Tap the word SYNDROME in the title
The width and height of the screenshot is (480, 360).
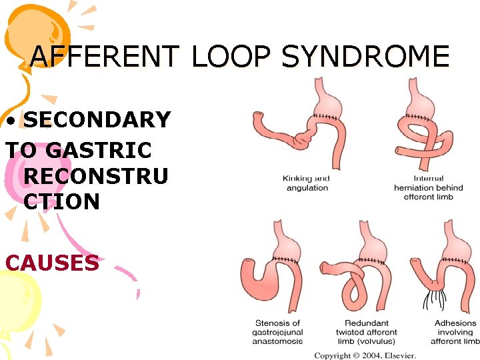pos(365,57)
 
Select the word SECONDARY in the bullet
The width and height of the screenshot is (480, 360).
pos(97,120)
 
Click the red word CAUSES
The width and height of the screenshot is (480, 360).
pos(52,263)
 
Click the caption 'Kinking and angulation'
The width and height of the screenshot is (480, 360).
pos(307,183)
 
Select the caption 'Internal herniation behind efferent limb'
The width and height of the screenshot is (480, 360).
pos(429,188)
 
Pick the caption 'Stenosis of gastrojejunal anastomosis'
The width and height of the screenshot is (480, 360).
pos(277,332)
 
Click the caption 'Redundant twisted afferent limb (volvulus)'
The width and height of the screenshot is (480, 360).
pos(366,332)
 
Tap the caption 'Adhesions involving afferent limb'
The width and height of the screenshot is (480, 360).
pos(455,332)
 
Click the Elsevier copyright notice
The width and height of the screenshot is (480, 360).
pos(365,355)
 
